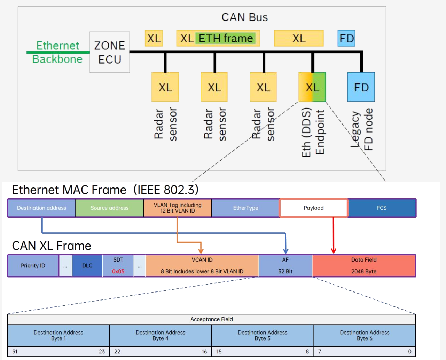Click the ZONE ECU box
point(110,52)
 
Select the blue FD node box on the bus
point(361,87)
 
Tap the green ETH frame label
point(226,38)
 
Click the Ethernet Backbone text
point(57,52)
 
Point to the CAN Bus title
point(244,17)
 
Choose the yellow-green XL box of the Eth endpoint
point(312,87)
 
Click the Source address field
point(110,208)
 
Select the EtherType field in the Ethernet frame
point(245,208)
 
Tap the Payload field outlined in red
point(314,208)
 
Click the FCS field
point(382,208)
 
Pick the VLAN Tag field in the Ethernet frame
point(178,208)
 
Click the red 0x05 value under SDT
point(118,271)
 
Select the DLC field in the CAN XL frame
point(87,266)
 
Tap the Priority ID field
point(33,266)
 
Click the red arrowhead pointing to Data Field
point(334,250)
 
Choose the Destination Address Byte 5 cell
point(263,336)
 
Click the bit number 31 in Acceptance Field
point(15,352)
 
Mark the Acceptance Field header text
point(211,319)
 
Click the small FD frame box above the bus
point(346,38)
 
